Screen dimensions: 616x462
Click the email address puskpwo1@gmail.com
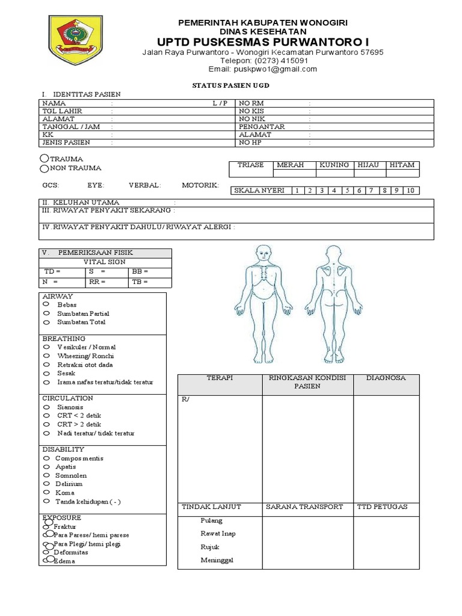[262, 69]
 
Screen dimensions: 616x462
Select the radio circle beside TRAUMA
[45, 158]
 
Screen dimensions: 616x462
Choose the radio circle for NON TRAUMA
[45, 168]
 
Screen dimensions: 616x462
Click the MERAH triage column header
[290, 165]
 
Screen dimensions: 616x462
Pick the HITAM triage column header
[402, 165]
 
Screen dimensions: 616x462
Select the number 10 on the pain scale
[410, 191]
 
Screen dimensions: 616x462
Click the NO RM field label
[251, 103]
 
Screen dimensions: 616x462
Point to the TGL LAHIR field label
[62, 111]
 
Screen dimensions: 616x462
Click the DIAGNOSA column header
[386, 378]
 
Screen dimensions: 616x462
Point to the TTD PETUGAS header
[382, 507]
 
